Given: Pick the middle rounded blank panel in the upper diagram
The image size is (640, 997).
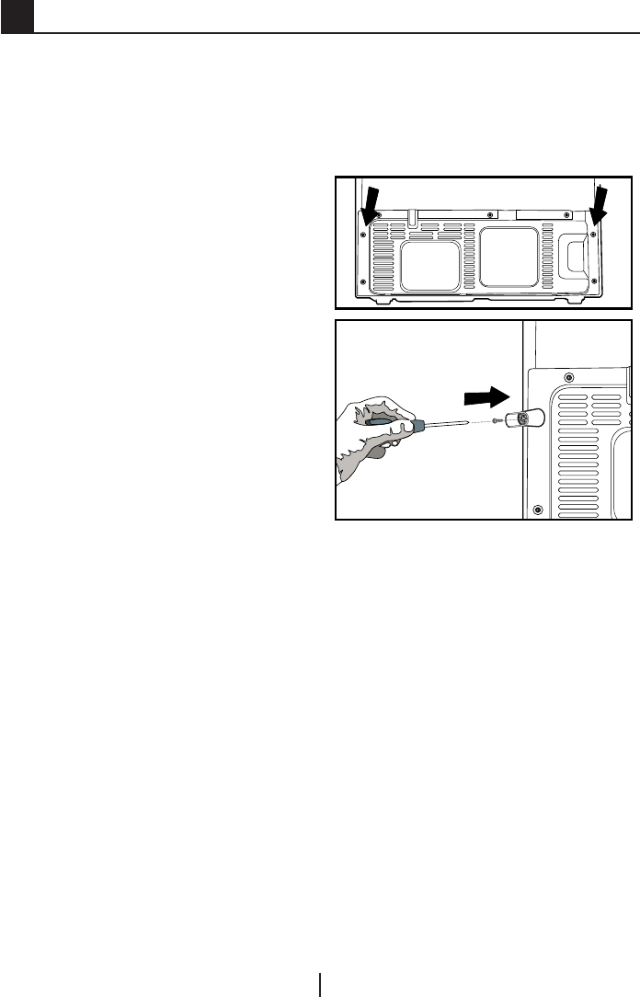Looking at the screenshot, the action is pos(509,257).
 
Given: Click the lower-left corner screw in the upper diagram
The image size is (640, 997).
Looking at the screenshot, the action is pos(363,281).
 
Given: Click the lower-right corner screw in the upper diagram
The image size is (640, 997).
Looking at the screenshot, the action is pos(594,281).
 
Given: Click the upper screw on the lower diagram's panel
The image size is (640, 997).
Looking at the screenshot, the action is pos(569,377).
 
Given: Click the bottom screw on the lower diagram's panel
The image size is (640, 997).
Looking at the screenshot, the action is pos(537,504).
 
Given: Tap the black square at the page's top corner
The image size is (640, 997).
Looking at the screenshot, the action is pos(17,16).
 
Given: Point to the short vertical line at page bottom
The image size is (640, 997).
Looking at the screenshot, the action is pos(320,984).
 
